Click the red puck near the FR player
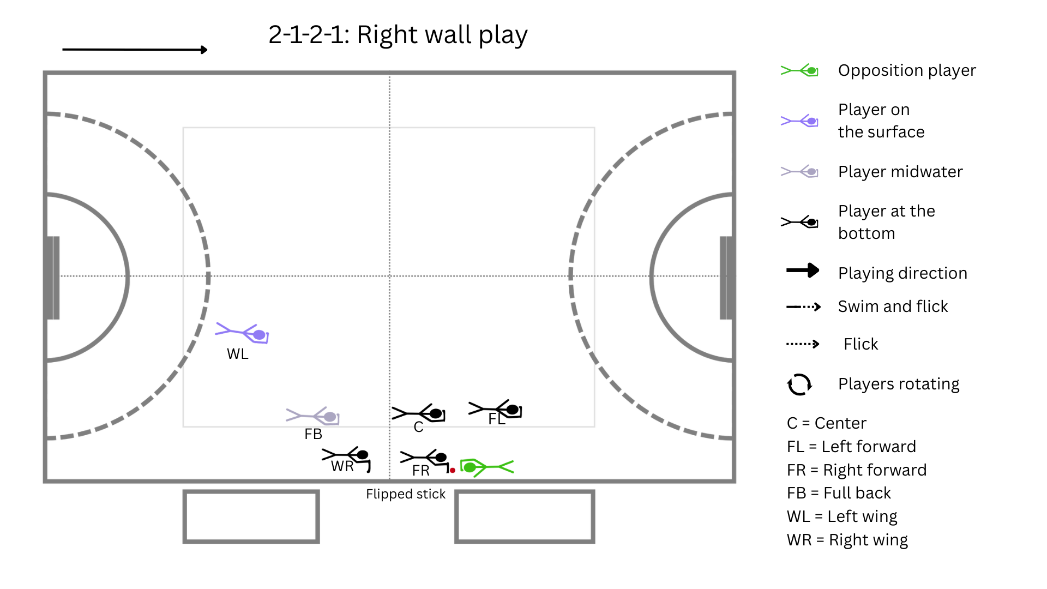tap(453, 470)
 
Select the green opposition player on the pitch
tap(486, 467)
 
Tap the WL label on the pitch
tap(238, 354)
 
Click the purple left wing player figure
tap(242, 333)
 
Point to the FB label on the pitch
tap(314, 434)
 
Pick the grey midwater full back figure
tap(312, 416)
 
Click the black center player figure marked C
tap(418, 414)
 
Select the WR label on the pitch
tap(342, 466)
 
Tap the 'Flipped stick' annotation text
tap(406, 494)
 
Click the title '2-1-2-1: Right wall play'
tap(398, 35)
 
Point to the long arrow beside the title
tap(135, 50)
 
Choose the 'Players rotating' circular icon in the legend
tap(799, 384)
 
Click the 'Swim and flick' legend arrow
tap(803, 307)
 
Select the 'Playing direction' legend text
tap(903, 273)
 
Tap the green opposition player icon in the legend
tap(799, 70)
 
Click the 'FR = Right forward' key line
tap(857, 470)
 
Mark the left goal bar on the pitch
tap(53, 278)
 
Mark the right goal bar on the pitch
tap(726, 278)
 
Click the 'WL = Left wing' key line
tap(842, 516)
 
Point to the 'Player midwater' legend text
tap(900, 172)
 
